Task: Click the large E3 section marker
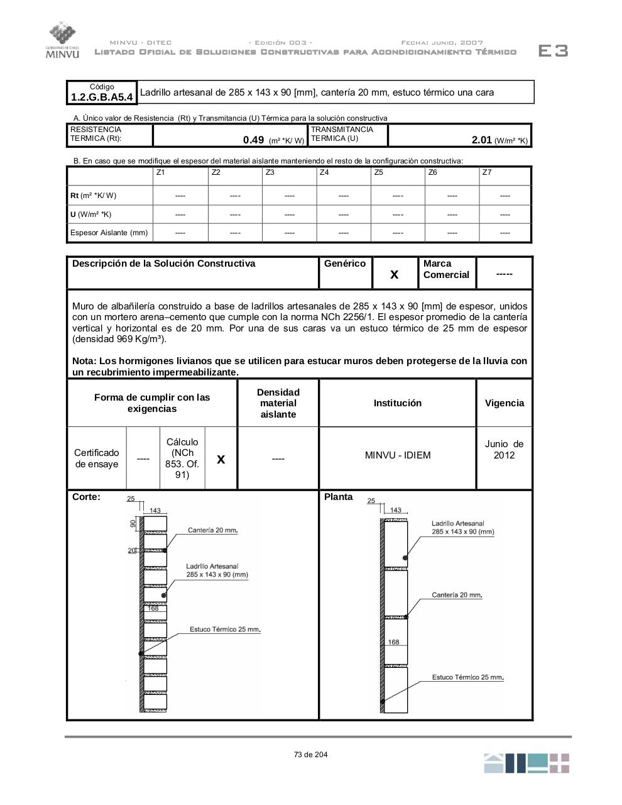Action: pyautogui.click(x=553, y=51)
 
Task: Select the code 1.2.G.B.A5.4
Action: pyautogui.click(x=102, y=97)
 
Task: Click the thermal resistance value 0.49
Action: pyautogui.click(x=253, y=140)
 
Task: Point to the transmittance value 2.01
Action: pyautogui.click(x=481, y=140)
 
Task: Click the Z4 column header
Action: pyautogui.click(x=324, y=172)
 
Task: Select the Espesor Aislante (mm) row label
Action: pyautogui.click(x=109, y=233)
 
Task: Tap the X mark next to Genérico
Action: pyautogui.click(x=395, y=274)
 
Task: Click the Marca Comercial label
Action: pyautogui.click(x=446, y=269)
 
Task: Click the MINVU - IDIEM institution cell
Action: pyautogui.click(x=398, y=455)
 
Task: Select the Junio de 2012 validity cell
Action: pyautogui.click(x=504, y=450)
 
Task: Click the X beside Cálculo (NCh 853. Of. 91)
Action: pyautogui.click(x=221, y=459)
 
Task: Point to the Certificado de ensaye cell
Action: pyautogui.click(x=97, y=458)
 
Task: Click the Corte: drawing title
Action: pyautogui.click(x=86, y=497)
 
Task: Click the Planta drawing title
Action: pyautogui.click(x=339, y=497)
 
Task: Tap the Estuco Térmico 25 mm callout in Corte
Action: pyautogui.click(x=225, y=630)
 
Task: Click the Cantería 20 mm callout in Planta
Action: pyautogui.click(x=457, y=595)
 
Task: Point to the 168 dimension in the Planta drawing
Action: pyautogui.click(x=393, y=642)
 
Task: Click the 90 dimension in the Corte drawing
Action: pyautogui.click(x=133, y=523)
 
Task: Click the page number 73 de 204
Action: pyautogui.click(x=310, y=755)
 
